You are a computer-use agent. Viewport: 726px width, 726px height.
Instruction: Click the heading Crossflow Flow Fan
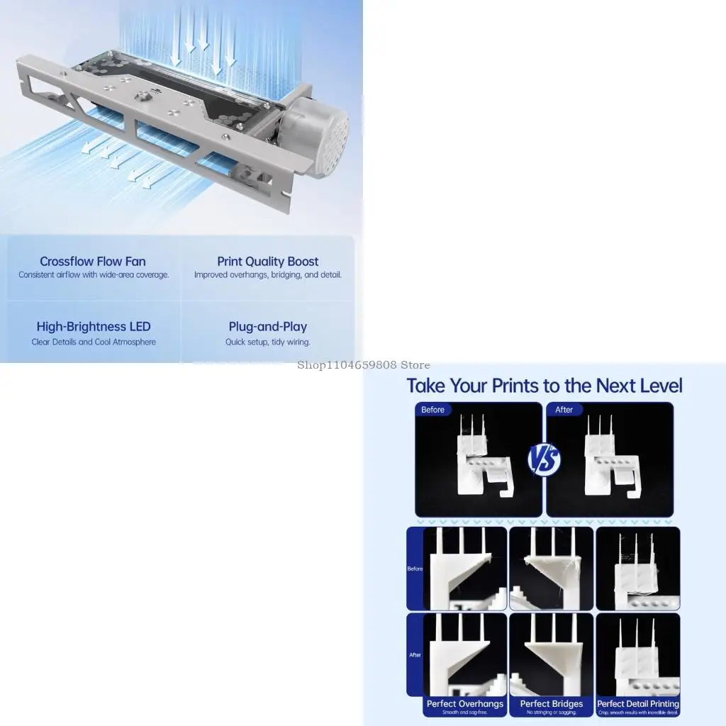click(93, 262)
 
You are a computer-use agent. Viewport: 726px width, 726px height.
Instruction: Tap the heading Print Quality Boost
click(267, 262)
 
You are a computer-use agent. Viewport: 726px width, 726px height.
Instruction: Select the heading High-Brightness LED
click(94, 327)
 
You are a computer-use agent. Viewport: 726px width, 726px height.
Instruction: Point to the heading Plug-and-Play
click(267, 327)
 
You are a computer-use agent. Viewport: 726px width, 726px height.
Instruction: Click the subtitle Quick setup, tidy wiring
click(267, 342)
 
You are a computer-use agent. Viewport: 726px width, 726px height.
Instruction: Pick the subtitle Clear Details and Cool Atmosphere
click(94, 342)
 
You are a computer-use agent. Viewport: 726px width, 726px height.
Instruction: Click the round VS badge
click(544, 459)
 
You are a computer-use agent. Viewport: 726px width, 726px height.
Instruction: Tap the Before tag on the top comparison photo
click(432, 410)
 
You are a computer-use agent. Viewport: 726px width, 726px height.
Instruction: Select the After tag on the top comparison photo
click(564, 410)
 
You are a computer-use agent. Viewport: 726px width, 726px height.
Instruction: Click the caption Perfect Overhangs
click(465, 704)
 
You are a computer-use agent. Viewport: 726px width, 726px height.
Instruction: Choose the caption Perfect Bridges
click(552, 704)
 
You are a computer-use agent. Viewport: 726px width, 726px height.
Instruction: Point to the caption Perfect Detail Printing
click(638, 704)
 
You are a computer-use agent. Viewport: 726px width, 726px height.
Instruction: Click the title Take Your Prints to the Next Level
click(544, 386)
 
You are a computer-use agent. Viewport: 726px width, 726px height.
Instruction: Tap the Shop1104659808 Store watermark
click(363, 365)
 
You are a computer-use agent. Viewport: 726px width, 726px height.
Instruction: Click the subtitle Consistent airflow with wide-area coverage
click(94, 275)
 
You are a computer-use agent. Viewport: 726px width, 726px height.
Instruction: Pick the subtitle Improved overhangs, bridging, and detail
click(267, 275)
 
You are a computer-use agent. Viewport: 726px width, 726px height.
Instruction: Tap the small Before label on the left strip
click(415, 569)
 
